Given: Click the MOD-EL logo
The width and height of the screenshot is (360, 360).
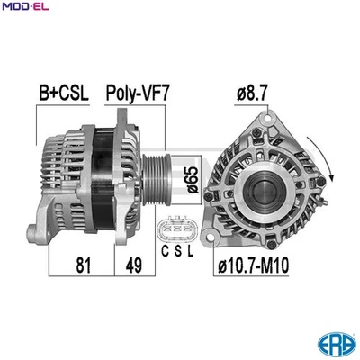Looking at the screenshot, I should click(x=23, y=8).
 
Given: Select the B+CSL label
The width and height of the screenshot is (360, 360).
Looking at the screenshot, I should click(x=64, y=92).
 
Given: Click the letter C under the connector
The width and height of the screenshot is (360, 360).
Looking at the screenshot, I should click(x=164, y=253).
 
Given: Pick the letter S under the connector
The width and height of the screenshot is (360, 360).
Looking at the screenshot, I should click(x=176, y=253).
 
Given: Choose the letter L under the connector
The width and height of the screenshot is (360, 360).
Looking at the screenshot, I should click(x=189, y=253).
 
